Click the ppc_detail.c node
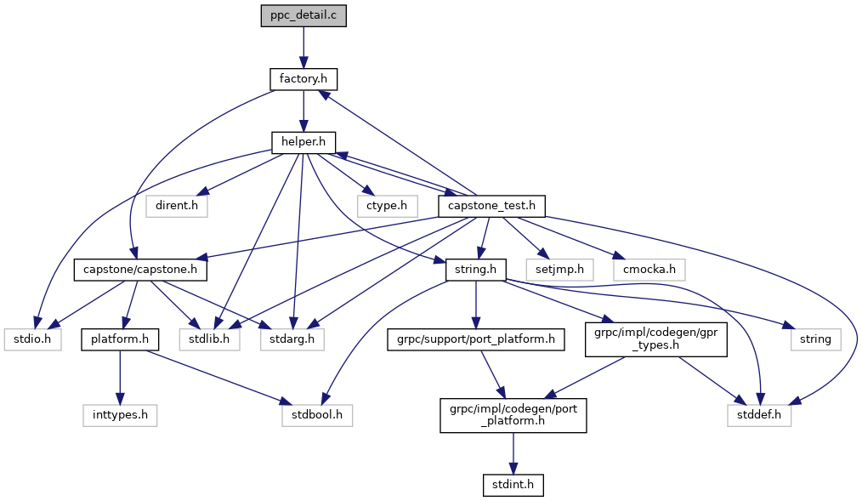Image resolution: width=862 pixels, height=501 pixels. [x=303, y=16]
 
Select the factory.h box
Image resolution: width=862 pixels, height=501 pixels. [x=303, y=80]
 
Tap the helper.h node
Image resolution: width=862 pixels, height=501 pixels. [x=303, y=143]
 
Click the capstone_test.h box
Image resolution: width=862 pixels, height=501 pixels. [x=491, y=206]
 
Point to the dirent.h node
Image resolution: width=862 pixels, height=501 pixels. [x=177, y=206]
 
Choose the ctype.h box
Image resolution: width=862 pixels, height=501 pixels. [x=387, y=206]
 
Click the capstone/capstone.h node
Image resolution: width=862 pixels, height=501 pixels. [x=141, y=270]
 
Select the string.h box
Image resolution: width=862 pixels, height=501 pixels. [x=476, y=270]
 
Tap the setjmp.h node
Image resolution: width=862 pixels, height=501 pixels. [x=559, y=270]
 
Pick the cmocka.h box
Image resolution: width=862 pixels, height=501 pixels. [x=649, y=270]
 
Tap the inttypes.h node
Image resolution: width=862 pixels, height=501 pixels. [x=120, y=415]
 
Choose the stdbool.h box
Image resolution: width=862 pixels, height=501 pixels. [x=316, y=415]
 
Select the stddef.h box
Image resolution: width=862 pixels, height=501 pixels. [x=759, y=415]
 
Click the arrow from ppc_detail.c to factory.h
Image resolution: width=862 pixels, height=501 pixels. [x=303, y=48]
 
